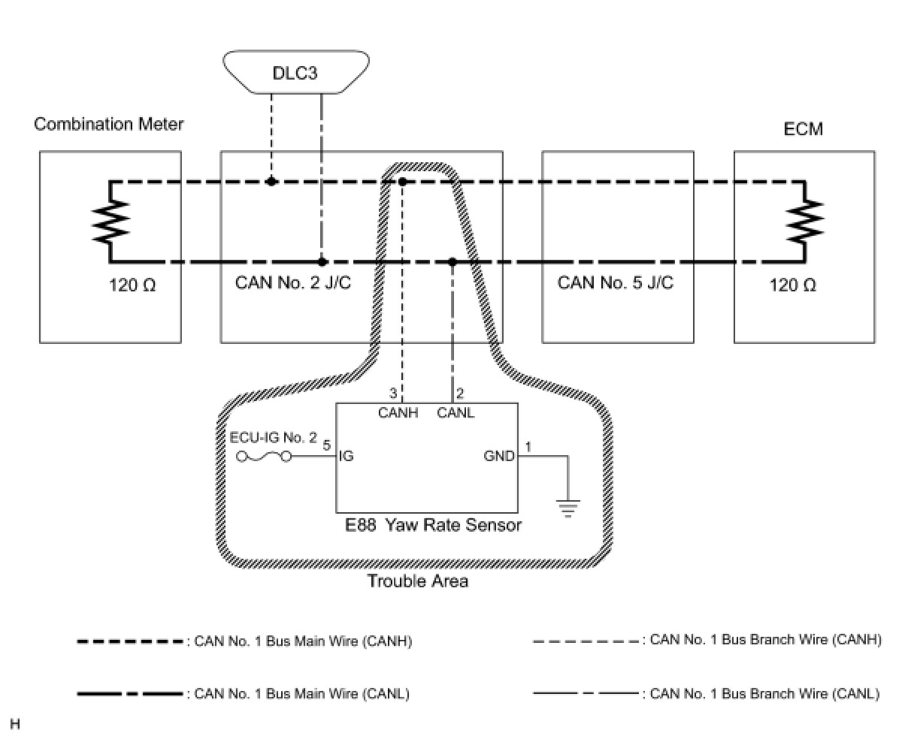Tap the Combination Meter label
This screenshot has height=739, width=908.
point(108,124)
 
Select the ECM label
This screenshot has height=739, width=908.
point(803,129)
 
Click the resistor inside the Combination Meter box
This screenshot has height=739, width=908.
point(110,222)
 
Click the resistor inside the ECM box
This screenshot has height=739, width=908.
point(804,222)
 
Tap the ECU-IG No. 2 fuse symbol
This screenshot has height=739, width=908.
point(264,457)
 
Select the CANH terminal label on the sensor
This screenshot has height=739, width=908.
point(398,412)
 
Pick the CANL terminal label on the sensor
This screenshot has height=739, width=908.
point(456,412)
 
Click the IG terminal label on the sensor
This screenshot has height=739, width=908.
point(347,456)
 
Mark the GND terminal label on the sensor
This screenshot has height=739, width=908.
point(499,456)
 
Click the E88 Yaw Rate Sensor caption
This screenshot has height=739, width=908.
point(433,525)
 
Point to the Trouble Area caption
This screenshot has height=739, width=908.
point(417,581)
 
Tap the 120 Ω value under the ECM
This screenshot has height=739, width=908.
point(792,285)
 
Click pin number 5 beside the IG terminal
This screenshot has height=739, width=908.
point(326,445)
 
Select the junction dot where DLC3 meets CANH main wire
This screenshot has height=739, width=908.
point(271,182)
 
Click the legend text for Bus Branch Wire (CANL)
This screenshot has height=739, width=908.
point(764,694)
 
